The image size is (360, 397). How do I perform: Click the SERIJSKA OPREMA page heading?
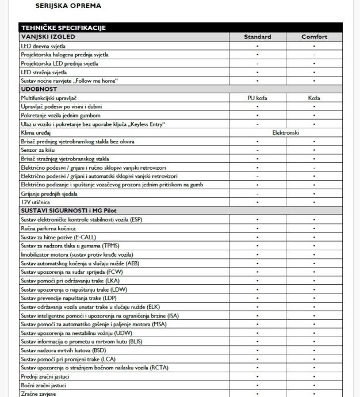(68, 6)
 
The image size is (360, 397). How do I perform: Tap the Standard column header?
(257, 37)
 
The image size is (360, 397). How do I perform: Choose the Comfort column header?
(314, 37)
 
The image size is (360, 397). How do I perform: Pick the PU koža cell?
(257, 98)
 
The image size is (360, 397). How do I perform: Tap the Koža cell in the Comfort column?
(314, 98)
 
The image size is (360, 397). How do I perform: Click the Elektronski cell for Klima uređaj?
(286, 132)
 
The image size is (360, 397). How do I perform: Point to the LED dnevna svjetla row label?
(44, 45)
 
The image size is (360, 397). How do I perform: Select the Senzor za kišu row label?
(38, 149)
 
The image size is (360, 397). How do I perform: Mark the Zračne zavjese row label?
(40, 394)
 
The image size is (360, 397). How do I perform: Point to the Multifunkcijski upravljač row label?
(52, 98)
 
